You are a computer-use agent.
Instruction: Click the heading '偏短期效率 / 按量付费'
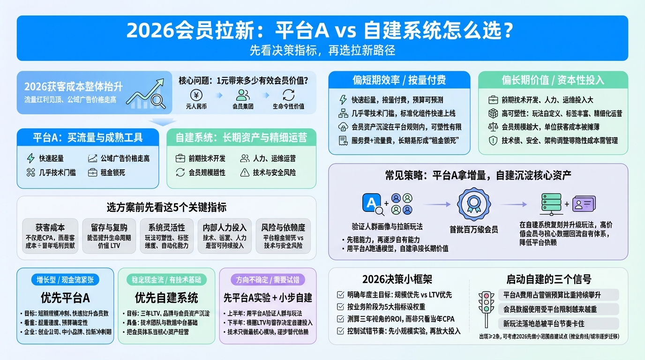pos(399,80)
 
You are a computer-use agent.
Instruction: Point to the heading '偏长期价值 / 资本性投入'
pos(553,80)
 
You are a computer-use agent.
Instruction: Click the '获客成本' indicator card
pos(50,236)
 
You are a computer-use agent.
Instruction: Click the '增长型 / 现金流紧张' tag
pos(65,280)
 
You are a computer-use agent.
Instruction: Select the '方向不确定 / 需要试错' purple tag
pos(268,280)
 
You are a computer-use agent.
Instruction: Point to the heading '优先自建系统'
pos(166,298)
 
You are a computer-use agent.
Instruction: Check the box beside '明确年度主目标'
pos(341,295)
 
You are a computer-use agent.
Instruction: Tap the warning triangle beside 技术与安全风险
pos(245,172)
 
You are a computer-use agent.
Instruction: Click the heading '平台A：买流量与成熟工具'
pos(88,137)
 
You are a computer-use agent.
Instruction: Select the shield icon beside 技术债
pos(493,140)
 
